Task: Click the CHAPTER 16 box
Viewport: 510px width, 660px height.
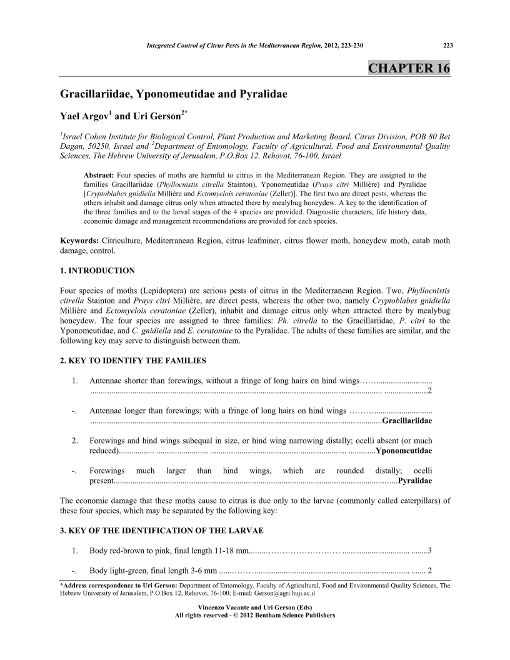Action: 409,68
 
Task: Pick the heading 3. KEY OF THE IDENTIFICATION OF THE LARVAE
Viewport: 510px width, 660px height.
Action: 161,531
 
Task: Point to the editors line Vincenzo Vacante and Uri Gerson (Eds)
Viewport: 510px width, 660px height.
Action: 254,607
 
